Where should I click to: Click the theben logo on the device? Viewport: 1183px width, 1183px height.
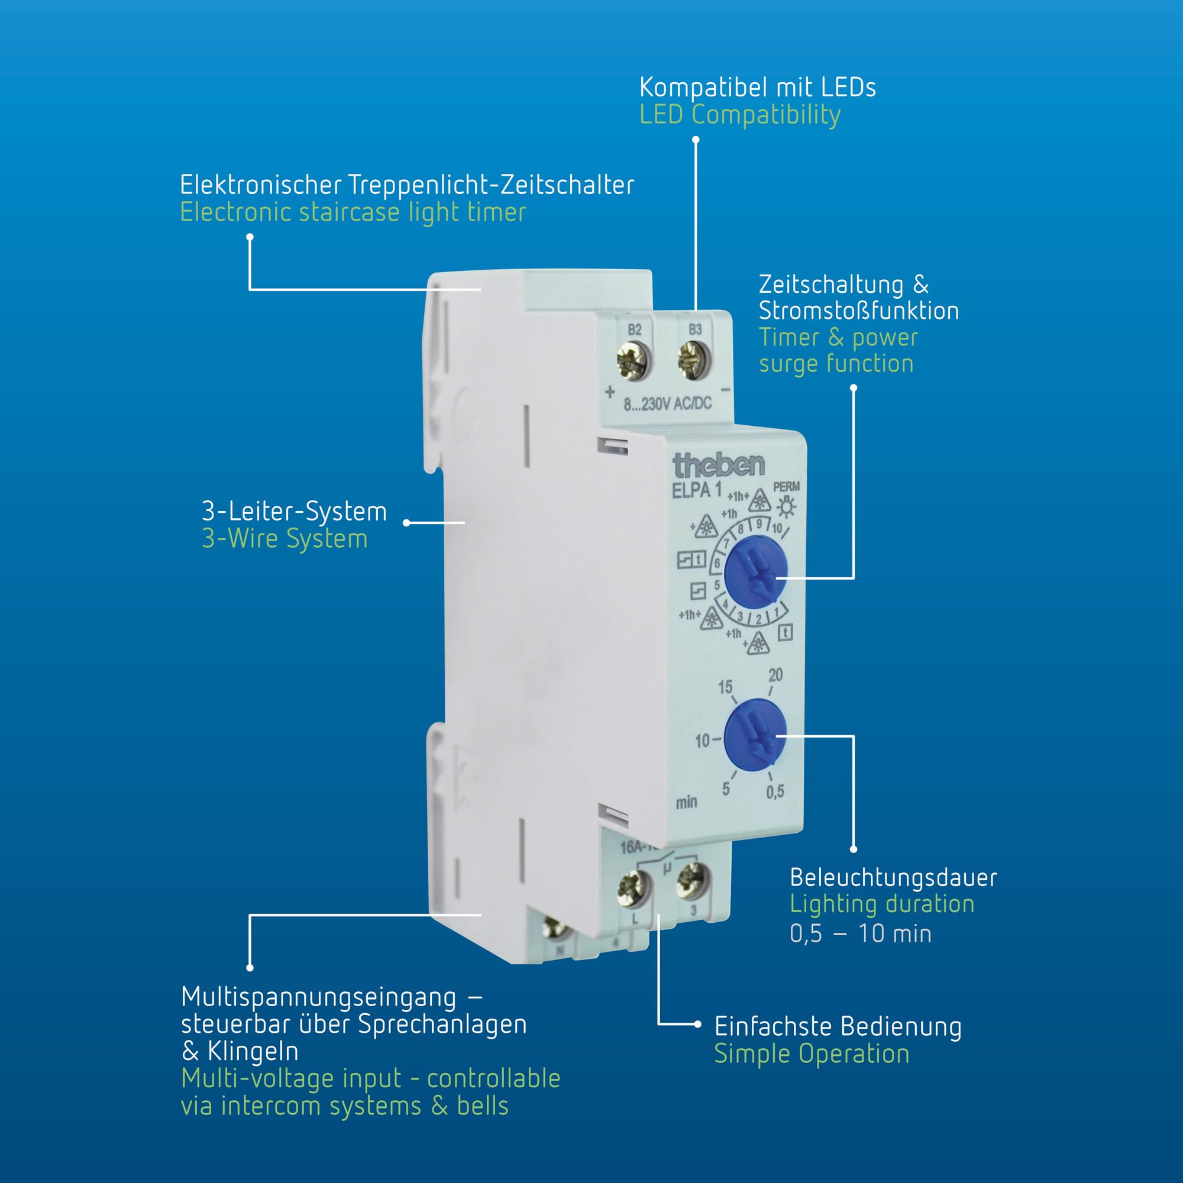coord(718,466)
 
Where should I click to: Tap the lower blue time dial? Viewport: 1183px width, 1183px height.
coord(755,734)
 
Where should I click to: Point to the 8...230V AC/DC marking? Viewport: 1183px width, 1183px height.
coord(667,403)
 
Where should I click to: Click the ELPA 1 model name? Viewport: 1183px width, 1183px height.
coord(697,490)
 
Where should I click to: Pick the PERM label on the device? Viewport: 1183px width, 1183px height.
coord(786,487)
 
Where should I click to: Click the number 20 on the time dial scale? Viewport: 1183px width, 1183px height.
coord(775,675)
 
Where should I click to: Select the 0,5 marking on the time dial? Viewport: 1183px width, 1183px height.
coord(775,792)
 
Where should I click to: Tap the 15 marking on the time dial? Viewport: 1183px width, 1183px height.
coord(725,687)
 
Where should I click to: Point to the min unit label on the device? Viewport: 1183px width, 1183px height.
coord(686,801)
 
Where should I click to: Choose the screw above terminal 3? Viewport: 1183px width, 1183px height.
coord(693,881)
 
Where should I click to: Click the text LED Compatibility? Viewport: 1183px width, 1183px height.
coord(740,115)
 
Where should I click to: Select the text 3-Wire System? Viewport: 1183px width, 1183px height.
coord(285,539)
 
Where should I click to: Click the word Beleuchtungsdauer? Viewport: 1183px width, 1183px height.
coord(893,877)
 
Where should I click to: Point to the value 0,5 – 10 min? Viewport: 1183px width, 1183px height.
coord(860,934)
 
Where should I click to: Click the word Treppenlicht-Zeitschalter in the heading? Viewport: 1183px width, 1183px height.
coord(492,185)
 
